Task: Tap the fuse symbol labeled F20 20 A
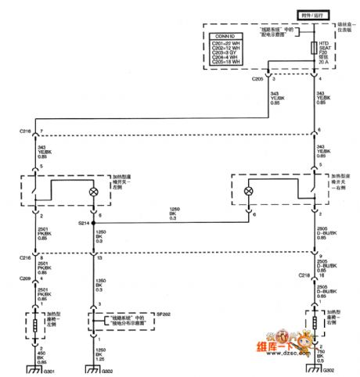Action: [317, 51]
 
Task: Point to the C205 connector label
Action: [257, 78]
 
